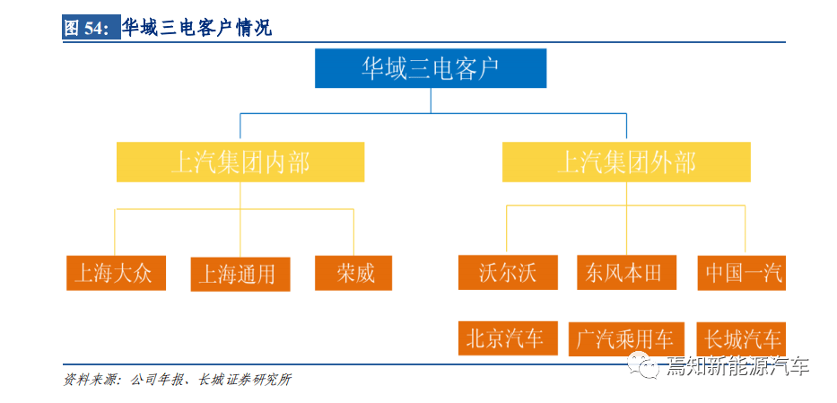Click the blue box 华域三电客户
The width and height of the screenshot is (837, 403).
point(431,68)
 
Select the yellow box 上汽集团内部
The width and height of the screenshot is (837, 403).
point(240,162)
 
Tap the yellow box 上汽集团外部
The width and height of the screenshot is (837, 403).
point(626,162)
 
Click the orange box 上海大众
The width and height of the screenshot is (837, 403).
point(116,273)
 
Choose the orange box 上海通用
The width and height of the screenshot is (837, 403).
point(240,275)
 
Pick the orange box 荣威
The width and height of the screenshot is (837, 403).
point(353,273)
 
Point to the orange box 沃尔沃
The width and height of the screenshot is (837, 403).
point(508,272)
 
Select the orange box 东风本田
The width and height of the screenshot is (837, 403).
point(627,272)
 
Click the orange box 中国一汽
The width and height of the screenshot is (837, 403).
point(741,273)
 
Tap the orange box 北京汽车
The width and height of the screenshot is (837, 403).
point(508,338)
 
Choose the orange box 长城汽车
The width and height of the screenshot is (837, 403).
point(741,339)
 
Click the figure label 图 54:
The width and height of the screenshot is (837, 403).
point(88,28)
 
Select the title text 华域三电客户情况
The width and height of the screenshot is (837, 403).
point(197,28)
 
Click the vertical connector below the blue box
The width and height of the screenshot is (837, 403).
point(431,101)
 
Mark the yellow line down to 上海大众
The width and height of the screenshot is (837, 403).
point(116,232)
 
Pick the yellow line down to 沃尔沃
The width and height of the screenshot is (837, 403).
point(506,230)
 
